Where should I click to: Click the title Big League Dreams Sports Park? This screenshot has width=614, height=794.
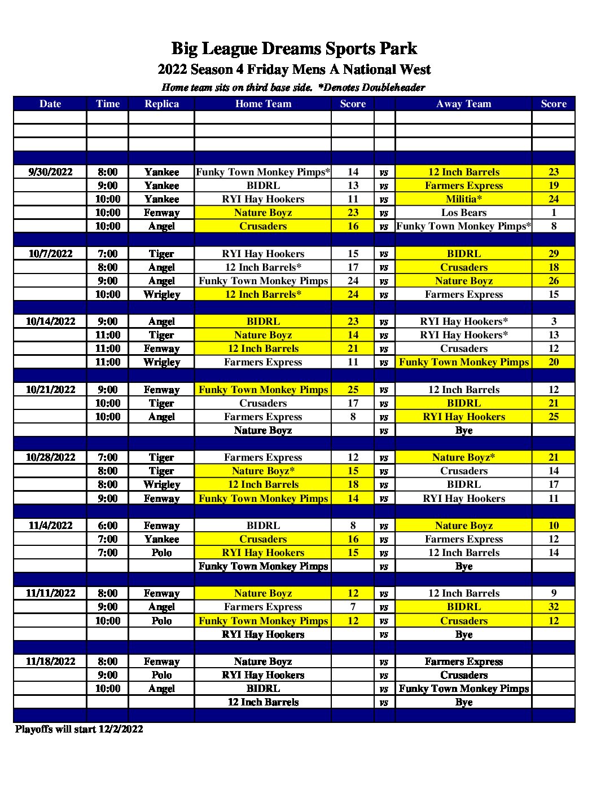point(294,49)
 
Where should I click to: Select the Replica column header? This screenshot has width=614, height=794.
point(161,104)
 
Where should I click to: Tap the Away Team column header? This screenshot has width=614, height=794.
point(463,104)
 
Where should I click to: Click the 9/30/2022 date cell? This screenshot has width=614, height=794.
point(50,172)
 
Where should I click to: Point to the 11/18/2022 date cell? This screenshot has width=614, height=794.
point(50,661)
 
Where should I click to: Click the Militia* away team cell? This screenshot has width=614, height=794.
point(463,199)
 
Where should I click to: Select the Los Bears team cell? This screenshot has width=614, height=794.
point(463,213)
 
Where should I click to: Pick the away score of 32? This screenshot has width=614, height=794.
point(553,607)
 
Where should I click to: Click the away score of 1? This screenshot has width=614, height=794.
point(553,213)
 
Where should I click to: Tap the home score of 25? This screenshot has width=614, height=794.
point(353,390)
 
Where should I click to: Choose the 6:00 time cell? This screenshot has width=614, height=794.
point(108,526)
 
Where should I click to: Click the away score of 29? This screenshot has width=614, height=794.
point(553,254)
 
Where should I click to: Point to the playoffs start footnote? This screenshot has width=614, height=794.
point(79,729)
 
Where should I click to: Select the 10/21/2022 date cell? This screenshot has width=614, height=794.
point(50,390)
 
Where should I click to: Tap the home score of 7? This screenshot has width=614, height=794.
point(353,607)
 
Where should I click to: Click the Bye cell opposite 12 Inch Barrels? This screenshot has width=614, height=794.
point(463,702)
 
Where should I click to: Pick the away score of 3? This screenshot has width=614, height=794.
point(553,321)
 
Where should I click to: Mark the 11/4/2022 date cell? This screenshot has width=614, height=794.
point(50,526)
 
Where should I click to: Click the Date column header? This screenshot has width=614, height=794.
point(50,104)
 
